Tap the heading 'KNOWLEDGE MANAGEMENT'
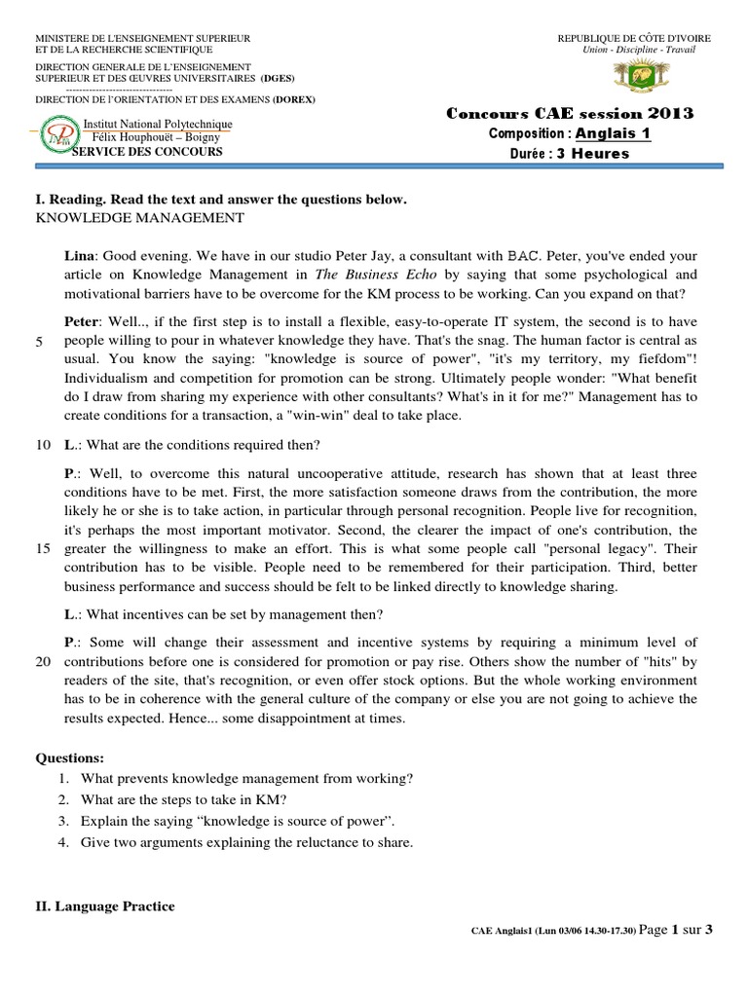coord(139,217)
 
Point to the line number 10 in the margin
coord(43,445)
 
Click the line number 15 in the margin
coord(43,548)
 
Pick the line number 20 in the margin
coord(43,660)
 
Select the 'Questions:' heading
coord(69,757)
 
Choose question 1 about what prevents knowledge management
coord(247,778)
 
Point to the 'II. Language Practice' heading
coord(105,906)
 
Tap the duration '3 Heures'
coord(592,153)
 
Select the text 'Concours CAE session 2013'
coord(570,114)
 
